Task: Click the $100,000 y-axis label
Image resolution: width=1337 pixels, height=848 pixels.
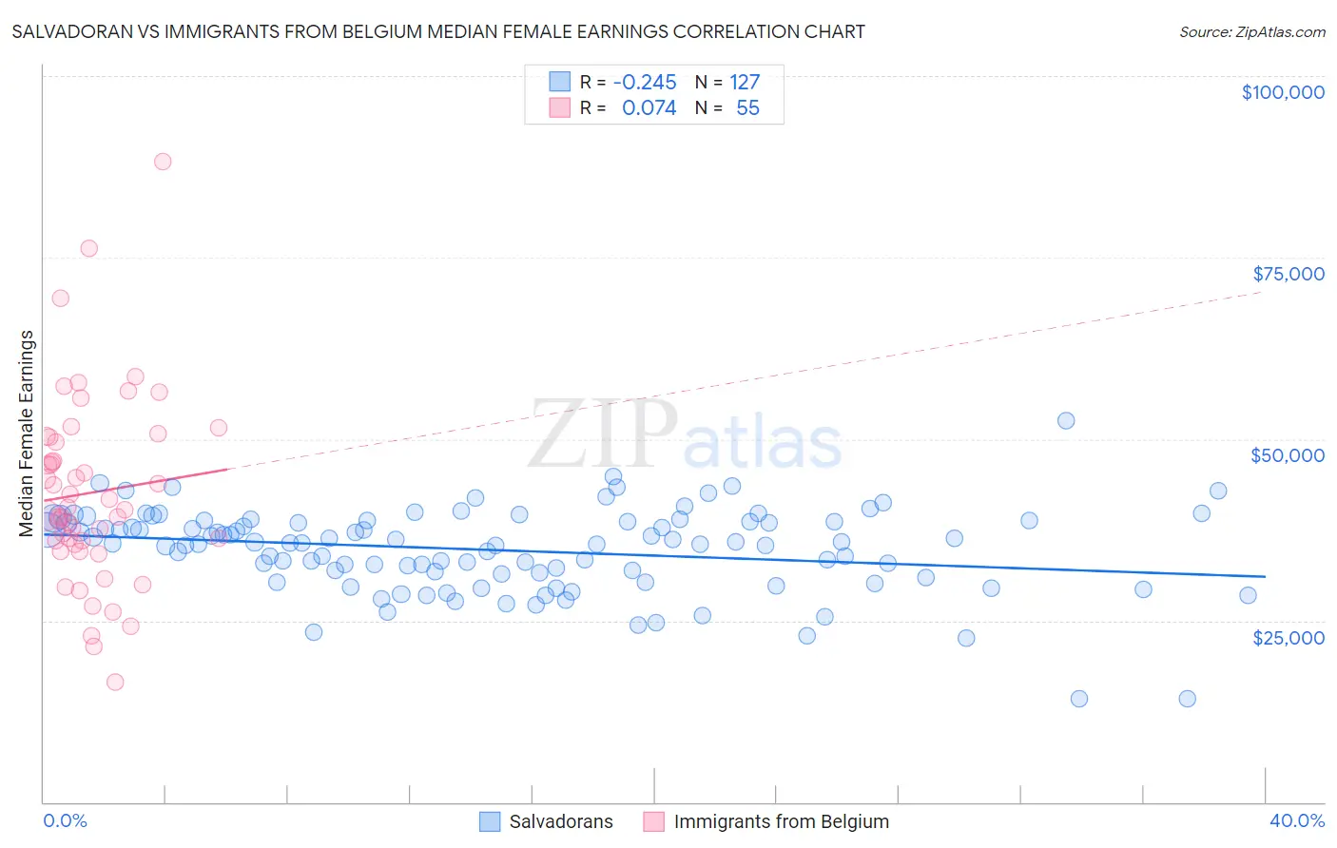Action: (x=1283, y=92)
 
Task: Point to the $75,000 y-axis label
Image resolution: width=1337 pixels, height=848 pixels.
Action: (x=1288, y=274)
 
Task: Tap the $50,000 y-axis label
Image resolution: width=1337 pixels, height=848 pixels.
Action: (x=1288, y=455)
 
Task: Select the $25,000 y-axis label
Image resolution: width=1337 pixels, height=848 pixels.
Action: (x=1288, y=637)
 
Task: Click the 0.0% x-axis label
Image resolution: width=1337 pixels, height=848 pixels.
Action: (x=65, y=821)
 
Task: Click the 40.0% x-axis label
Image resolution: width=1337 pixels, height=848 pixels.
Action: (x=1296, y=821)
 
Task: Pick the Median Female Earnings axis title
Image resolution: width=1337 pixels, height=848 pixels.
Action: (x=27, y=434)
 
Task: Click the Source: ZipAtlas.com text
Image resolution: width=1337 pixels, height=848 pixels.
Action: (x=1251, y=32)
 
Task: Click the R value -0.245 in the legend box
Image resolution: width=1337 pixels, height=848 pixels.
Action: (x=645, y=83)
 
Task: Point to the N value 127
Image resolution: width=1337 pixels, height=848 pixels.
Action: (x=745, y=83)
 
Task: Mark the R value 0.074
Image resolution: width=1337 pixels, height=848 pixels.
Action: (x=649, y=108)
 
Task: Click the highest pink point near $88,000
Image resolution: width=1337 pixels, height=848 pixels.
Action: (x=163, y=162)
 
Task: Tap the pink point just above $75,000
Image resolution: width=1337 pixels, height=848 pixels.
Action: (x=89, y=248)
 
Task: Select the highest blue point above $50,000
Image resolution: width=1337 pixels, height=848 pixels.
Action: (x=1066, y=420)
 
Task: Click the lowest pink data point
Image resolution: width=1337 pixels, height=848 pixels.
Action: (x=115, y=682)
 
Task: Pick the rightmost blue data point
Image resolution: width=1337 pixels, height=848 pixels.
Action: (x=1248, y=595)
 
